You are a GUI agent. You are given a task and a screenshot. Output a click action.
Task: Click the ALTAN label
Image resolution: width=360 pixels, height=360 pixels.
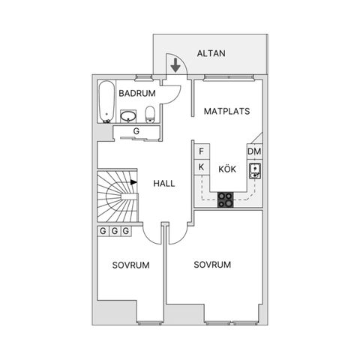[x=211, y=53]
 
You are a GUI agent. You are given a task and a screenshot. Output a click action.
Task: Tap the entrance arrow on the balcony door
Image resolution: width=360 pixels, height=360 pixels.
[x=175, y=65]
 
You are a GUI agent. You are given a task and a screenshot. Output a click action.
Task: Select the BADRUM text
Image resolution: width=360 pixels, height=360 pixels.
[x=137, y=93]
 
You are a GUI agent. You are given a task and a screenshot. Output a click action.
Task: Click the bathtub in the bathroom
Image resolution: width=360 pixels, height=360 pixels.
[x=106, y=102]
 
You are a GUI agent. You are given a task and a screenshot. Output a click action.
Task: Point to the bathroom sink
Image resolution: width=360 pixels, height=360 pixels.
[x=128, y=116]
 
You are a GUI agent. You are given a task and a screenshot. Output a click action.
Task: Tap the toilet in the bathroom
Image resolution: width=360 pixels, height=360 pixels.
[x=150, y=114]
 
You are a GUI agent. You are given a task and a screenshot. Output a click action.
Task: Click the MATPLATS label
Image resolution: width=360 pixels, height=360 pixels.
[x=226, y=111]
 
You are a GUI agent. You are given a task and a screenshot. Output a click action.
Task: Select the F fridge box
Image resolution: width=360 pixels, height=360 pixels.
[x=202, y=151]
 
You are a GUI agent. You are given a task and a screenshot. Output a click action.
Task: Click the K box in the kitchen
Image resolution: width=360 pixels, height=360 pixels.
[x=202, y=167]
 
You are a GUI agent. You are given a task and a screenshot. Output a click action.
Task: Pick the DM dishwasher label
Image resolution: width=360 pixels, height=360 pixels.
[x=254, y=151]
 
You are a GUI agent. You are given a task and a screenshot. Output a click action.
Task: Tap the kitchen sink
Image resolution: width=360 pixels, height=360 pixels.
[x=255, y=171]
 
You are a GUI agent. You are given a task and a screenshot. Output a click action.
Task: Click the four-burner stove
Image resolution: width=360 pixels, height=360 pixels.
[x=226, y=200]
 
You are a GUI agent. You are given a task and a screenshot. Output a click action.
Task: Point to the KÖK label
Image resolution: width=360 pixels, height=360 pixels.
[x=227, y=169]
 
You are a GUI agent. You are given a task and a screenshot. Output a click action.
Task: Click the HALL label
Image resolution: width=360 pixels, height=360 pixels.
[x=164, y=184]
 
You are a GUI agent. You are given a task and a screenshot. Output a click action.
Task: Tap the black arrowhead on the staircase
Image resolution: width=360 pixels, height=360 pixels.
[x=133, y=182]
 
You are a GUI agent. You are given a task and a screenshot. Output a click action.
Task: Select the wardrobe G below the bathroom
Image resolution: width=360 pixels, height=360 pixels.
[x=136, y=131]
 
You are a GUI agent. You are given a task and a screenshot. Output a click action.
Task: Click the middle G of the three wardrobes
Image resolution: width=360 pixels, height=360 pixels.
[x=115, y=231]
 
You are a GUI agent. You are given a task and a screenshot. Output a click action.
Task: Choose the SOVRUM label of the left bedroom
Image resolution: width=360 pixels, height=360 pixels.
[x=130, y=265]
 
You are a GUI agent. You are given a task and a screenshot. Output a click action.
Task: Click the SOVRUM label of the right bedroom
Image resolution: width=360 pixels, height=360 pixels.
[x=212, y=265]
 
